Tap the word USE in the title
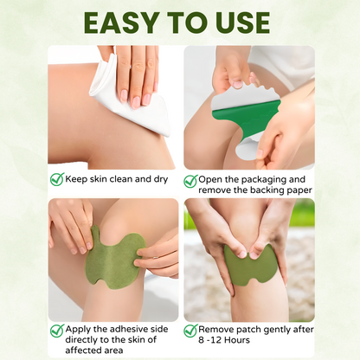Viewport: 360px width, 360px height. (242, 22)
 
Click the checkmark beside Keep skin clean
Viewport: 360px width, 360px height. (57, 179)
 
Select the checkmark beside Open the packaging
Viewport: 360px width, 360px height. (190, 181)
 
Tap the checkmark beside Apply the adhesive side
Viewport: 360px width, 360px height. (57, 331)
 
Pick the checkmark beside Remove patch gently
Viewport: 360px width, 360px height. (190, 331)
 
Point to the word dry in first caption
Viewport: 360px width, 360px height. (161, 179)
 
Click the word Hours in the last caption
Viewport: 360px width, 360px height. (237, 340)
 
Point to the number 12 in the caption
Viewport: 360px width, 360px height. (215, 340)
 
